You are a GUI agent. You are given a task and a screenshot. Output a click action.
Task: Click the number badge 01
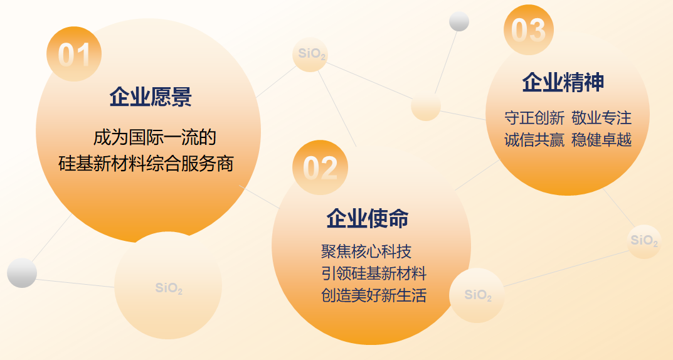point(74,54)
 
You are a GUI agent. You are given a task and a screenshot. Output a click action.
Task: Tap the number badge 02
point(320,167)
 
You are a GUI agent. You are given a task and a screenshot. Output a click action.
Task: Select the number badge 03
point(528,29)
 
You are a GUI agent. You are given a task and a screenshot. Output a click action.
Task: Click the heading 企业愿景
point(151,97)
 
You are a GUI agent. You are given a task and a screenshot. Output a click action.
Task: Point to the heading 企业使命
point(368,218)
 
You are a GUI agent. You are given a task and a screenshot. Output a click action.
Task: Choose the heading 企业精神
point(563,82)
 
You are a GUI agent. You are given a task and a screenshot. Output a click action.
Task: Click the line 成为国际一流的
point(154,137)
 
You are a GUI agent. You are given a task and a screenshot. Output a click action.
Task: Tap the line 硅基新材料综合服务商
point(146,164)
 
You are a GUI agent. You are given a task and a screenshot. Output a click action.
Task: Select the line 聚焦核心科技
point(366,251)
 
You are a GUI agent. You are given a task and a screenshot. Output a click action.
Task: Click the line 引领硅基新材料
point(374,273)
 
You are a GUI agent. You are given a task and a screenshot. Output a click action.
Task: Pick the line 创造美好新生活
point(374,295)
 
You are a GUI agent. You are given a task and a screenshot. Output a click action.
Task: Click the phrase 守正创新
point(534,117)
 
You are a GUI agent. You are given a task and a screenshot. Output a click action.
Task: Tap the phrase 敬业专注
point(601,117)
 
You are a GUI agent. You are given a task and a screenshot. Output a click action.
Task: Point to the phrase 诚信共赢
point(534,140)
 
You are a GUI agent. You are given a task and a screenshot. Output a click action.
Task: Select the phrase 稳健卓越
point(601,140)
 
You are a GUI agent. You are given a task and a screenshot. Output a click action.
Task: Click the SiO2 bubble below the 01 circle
point(168,285)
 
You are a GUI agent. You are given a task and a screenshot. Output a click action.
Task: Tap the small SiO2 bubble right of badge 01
point(310,55)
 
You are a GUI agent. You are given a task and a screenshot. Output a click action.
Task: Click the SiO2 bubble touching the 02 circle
point(477,295)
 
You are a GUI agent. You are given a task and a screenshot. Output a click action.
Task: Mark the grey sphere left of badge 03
point(459,21)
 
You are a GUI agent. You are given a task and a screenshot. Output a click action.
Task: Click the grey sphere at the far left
point(22,273)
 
